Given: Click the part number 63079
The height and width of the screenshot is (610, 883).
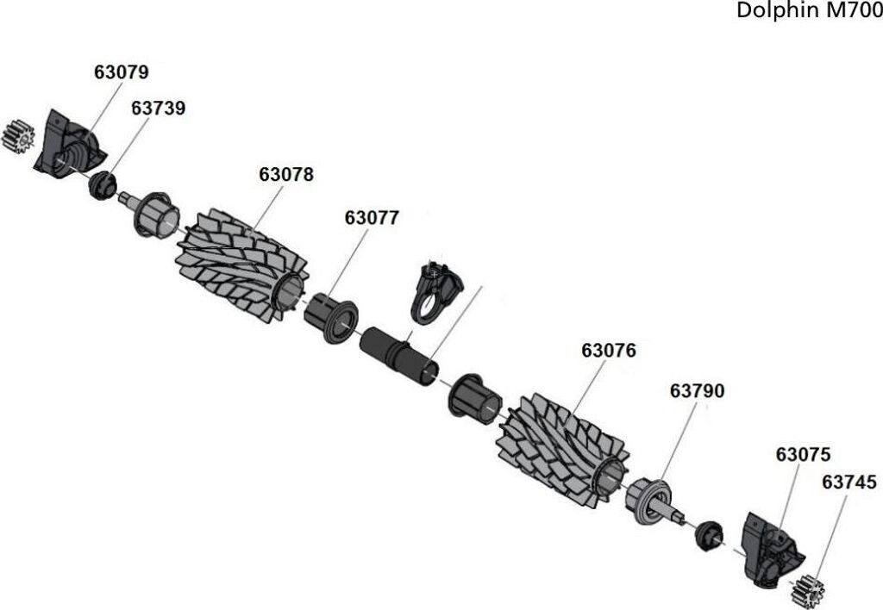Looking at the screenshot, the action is click(x=121, y=72).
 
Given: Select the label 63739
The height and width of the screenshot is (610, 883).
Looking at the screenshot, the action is click(x=159, y=108).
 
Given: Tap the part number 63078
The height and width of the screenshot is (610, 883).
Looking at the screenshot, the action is click(x=286, y=174).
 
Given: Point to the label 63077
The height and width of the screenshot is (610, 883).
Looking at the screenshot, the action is click(x=372, y=218).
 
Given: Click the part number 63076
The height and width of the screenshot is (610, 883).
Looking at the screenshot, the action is click(x=609, y=351).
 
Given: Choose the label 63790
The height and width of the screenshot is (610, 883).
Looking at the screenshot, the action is click(x=697, y=390).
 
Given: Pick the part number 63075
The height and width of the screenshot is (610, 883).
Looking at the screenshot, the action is click(x=803, y=454).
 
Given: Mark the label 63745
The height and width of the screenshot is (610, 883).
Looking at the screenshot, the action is click(x=849, y=482).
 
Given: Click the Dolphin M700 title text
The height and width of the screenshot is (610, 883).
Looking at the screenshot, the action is click(x=809, y=10).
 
